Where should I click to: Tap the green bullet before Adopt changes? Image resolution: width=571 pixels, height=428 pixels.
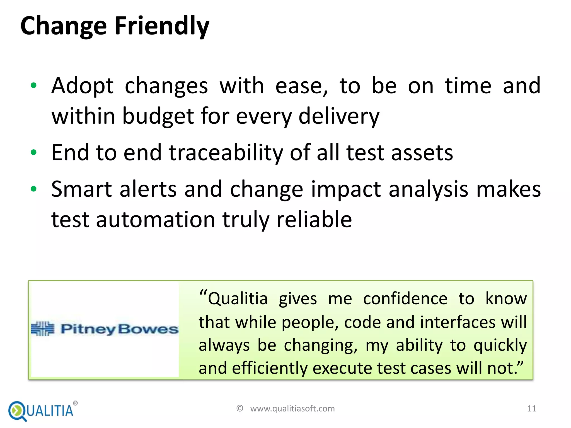pos(33,86)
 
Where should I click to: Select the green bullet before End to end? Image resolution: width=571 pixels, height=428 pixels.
pos(33,152)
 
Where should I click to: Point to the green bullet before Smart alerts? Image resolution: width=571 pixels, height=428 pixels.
pos(33,189)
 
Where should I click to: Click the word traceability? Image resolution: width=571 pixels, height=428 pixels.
pos(226,153)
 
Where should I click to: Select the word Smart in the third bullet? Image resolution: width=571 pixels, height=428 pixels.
pos(81,189)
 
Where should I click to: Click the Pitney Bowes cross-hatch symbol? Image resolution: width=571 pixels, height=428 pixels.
pos(43,329)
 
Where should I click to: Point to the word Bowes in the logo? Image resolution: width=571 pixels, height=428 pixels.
pos(148,329)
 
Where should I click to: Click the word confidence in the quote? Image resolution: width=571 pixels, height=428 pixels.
pos(405,299)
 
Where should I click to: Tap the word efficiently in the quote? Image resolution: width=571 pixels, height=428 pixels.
pos(269,368)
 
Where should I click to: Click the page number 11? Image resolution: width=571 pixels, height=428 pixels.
pos(532,408)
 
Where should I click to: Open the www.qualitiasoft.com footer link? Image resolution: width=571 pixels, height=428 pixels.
pos(292,408)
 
